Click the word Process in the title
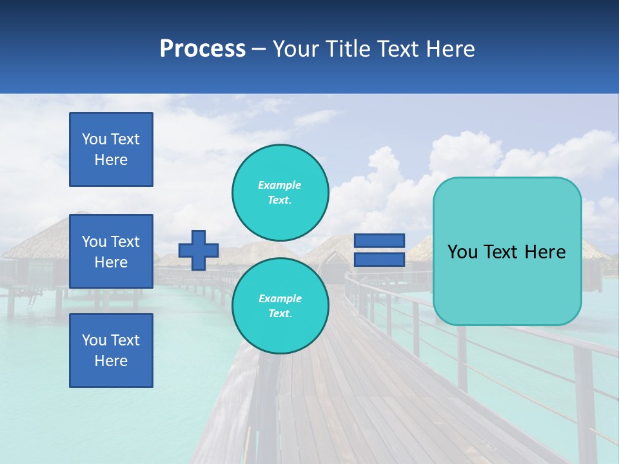(x=202, y=49)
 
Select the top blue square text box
(x=111, y=150)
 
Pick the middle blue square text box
(x=111, y=251)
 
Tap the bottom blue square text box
(x=111, y=351)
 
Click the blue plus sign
(x=199, y=250)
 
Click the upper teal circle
(x=280, y=192)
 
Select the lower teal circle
(x=280, y=305)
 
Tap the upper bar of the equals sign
(x=380, y=241)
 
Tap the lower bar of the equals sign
(x=380, y=260)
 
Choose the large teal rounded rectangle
(x=507, y=251)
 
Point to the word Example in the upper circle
(x=279, y=185)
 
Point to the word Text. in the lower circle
(x=280, y=313)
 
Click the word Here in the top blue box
(x=111, y=160)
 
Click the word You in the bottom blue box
(x=93, y=340)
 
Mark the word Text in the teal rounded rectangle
(x=506, y=252)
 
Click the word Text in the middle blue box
(x=125, y=242)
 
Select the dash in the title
(x=259, y=50)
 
